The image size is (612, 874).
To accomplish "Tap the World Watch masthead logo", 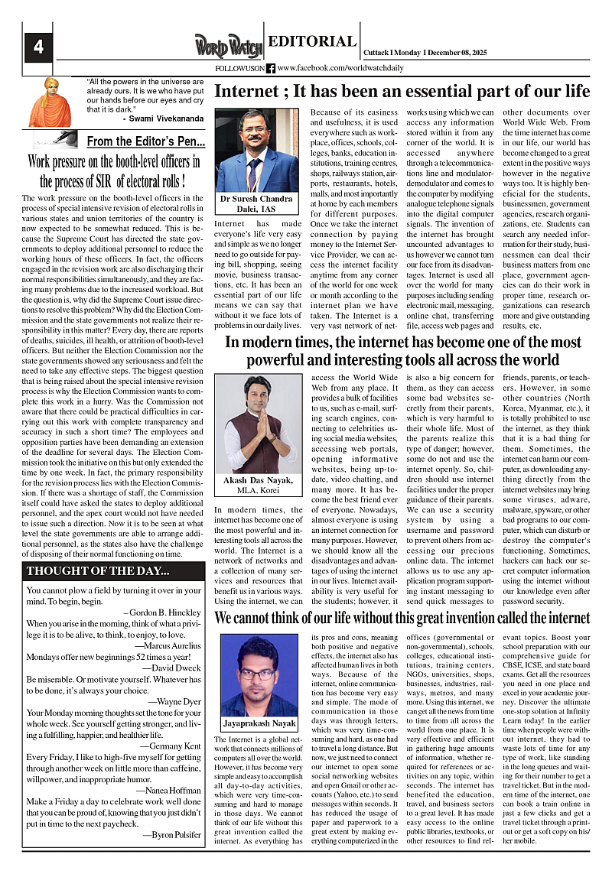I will pyautogui.click(x=228, y=46).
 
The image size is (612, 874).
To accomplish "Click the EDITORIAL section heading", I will pyautogui.click(x=312, y=42).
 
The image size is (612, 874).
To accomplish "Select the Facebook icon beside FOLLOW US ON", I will pyautogui.click(x=271, y=69).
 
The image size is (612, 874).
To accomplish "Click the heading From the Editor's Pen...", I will pyautogui.click(x=145, y=141).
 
